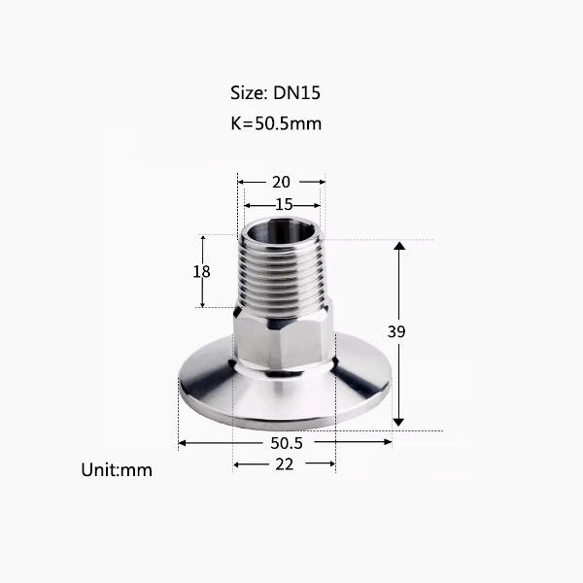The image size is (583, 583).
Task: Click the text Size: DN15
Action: pyautogui.click(x=275, y=93)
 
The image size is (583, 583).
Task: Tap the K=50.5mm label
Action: pyautogui.click(x=276, y=123)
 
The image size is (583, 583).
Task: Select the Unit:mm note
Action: pyautogui.click(x=117, y=470)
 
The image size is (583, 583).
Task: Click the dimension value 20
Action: pyautogui.click(x=281, y=183)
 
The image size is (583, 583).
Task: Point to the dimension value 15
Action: pyautogui.click(x=284, y=205)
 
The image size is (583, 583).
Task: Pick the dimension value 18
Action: pyautogui.click(x=201, y=272)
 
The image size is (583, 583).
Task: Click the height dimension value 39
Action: pyautogui.click(x=396, y=331)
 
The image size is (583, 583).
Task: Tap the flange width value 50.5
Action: pyautogui.click(x=287, y=443)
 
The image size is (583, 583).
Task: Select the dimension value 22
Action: pyautogui.click(x=285, y=464)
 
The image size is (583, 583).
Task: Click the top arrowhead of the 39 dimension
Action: pyautogui.click(x=399, y=246)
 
